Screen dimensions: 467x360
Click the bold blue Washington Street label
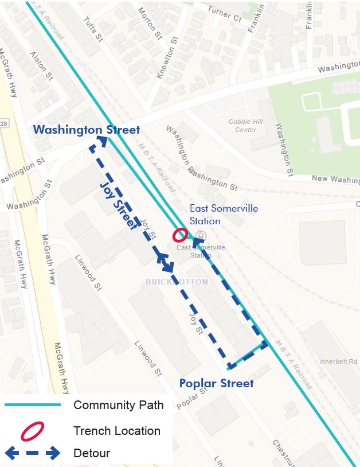86,130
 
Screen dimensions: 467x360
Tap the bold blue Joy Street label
118,205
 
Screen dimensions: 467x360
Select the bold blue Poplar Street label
216,383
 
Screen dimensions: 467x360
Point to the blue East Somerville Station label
205,215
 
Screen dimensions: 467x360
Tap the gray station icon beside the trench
200,235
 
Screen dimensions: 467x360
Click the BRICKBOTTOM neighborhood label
176,282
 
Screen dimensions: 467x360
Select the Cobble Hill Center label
246,126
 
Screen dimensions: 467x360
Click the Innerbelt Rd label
338,361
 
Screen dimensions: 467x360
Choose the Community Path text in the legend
118,405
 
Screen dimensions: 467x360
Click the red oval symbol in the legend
33,430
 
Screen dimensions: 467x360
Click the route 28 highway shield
3,123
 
